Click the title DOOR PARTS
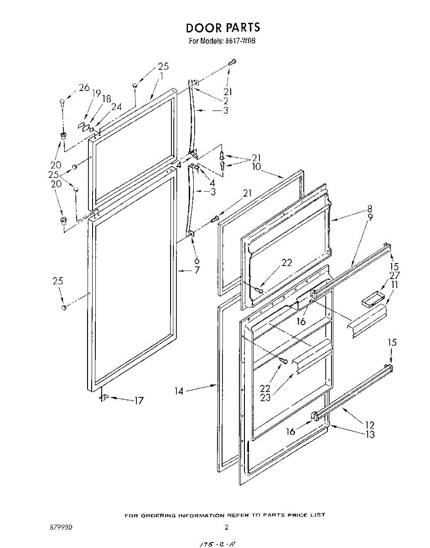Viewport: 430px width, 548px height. [223, 27]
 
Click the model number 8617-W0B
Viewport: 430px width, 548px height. [235, 41]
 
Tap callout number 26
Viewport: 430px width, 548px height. [84, 87]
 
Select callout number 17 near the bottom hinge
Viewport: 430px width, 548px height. [138, 400]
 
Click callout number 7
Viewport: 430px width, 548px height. [197, 270]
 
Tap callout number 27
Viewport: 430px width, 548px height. [394, 275]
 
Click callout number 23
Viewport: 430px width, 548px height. [265, 397]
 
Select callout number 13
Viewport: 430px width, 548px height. [370, 434]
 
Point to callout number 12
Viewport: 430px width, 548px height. [370, 425]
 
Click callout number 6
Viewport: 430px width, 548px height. [197, 260]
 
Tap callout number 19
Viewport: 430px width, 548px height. [96, 93]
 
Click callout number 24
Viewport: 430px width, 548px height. [116, 107]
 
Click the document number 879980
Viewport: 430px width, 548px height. [60, 527]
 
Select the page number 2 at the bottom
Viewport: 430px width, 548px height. [226, 527]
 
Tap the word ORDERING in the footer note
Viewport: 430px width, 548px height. [155, 515]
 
